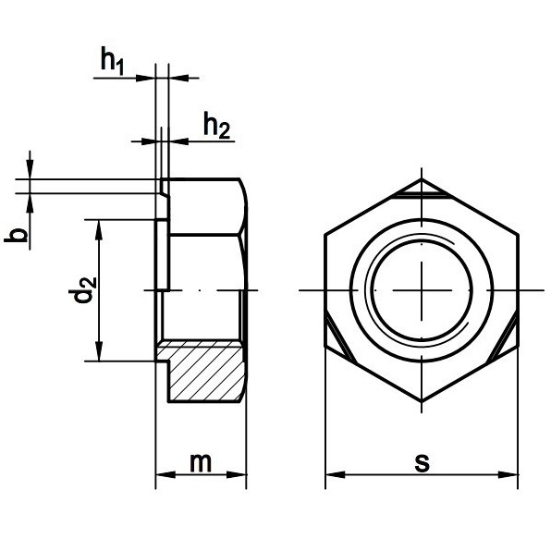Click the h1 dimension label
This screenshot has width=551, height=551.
[112, 61]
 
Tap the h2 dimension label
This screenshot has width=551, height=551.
[217, 125]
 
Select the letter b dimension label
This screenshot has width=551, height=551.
[16, 235]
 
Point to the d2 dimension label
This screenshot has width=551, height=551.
[84, 290]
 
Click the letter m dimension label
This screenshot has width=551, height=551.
[201, 463]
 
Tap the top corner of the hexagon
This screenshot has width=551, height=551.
[422, 178]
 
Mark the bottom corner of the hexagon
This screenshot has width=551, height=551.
[422, 401]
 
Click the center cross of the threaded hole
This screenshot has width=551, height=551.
[422, 290]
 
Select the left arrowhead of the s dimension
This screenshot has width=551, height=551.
[335, 475]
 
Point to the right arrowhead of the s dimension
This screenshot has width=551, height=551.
[508, 475]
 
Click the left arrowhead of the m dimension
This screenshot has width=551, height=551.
[165, 475]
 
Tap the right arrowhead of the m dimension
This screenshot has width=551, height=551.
[237, 475]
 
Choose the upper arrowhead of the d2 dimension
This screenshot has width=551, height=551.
[100, 230]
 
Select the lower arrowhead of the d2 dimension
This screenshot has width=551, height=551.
[100, 351]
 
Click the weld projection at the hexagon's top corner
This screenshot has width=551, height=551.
[421, 190]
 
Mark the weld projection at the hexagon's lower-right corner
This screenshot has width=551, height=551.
[503, 338]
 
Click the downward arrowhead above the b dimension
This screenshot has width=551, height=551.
[30, 169]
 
